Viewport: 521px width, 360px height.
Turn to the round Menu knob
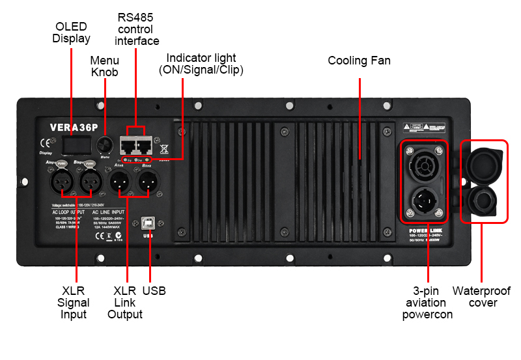[104, 145]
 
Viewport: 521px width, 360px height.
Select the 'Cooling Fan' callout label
[359, 61]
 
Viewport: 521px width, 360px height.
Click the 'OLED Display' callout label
[72, 33]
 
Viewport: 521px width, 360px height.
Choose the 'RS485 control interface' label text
[137, 29]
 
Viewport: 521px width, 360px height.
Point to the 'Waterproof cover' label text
[482, 297]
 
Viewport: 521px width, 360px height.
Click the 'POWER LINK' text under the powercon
[427, 230]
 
